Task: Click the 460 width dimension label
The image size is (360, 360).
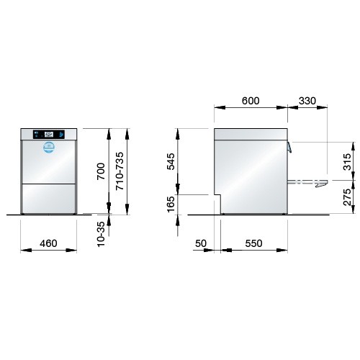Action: coord(48,243)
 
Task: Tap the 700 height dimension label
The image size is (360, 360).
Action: coord(102,171)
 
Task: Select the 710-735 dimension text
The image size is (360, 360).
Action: coord(121,171)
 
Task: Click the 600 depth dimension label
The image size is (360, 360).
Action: coord(251,102)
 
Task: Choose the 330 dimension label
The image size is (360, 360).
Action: coord(307,102)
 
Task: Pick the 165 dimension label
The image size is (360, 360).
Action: coord(171,205)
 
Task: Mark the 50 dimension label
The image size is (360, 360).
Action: coord(200,243)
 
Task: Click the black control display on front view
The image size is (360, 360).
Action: coord(48,134)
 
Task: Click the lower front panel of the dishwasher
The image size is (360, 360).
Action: coord(49,197)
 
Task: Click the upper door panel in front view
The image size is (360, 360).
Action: coord(49,163)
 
